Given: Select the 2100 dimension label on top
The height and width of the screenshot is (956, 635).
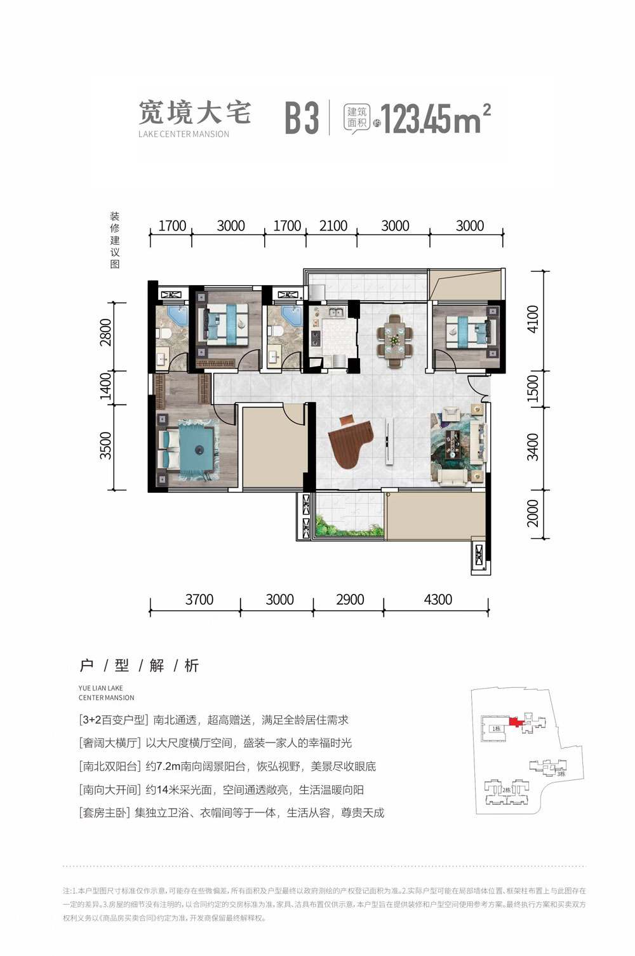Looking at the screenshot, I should click(333, 226).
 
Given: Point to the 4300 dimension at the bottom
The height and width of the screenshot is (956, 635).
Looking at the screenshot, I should click(438, 600).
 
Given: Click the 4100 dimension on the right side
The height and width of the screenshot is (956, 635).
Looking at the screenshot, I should click(533, 319).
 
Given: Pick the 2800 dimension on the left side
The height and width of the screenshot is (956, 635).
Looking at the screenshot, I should click(105, 332).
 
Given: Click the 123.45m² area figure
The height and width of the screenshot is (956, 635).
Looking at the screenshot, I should click(436, 119).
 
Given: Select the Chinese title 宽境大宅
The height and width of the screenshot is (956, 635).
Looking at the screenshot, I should click(195, 113).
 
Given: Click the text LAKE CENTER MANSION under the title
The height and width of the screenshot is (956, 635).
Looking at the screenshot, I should click(184, 134).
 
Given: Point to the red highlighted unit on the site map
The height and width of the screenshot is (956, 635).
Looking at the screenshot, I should click(515, 722).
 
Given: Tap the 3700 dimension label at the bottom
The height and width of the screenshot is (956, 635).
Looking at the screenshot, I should click(199, 600).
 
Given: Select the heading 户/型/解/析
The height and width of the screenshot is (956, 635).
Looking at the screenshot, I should click(139, 665).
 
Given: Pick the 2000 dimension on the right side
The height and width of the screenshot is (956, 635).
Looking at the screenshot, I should click(533, 513).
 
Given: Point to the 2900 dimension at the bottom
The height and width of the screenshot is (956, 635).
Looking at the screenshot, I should click(350, 600).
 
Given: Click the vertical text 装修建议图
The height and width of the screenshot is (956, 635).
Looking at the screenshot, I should click(115, 240).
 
